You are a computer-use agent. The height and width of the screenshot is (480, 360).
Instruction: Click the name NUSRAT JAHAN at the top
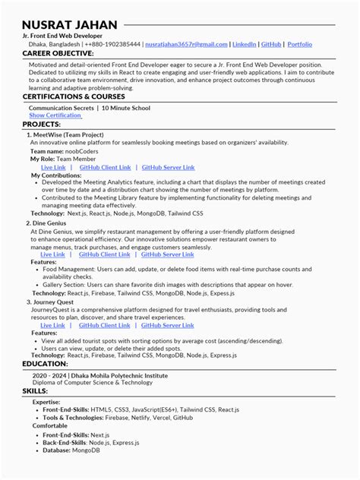pyautogui.click(x=70, y=25)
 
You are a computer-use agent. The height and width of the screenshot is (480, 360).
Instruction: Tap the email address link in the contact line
pyautogui.click(x=186, y=45)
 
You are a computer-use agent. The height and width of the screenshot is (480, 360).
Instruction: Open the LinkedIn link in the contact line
pyautogui.click(x=244, y=45)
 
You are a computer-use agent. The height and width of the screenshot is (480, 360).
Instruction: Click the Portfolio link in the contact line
pyautogui.click(x=299, y=45)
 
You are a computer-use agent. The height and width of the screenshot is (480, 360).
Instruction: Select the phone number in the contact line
pyautogui.click(x=112, y=45)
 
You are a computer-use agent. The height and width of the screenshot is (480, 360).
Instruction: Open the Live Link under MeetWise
pyautogui.click(x=53, y=167)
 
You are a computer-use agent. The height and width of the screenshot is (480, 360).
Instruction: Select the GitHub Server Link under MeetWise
pyautogui.click(x=168, y=167)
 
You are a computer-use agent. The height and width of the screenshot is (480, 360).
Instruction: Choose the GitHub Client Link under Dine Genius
pyautogui.click(x=105, y=254)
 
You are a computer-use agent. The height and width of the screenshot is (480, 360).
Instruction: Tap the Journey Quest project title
pyautogui.click(x=55, y=302)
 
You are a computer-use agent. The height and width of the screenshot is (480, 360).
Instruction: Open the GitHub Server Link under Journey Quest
pyautogui.click(x=168, y=325)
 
